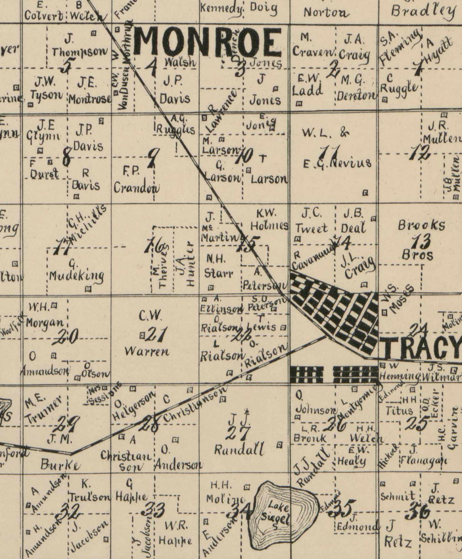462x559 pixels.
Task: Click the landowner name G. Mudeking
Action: [x=76, y=272]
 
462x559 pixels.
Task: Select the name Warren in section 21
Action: [x=147, y=352]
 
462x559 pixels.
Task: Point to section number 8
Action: [x=67, y=157]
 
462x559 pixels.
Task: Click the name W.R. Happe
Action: [x=175, y=534]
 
